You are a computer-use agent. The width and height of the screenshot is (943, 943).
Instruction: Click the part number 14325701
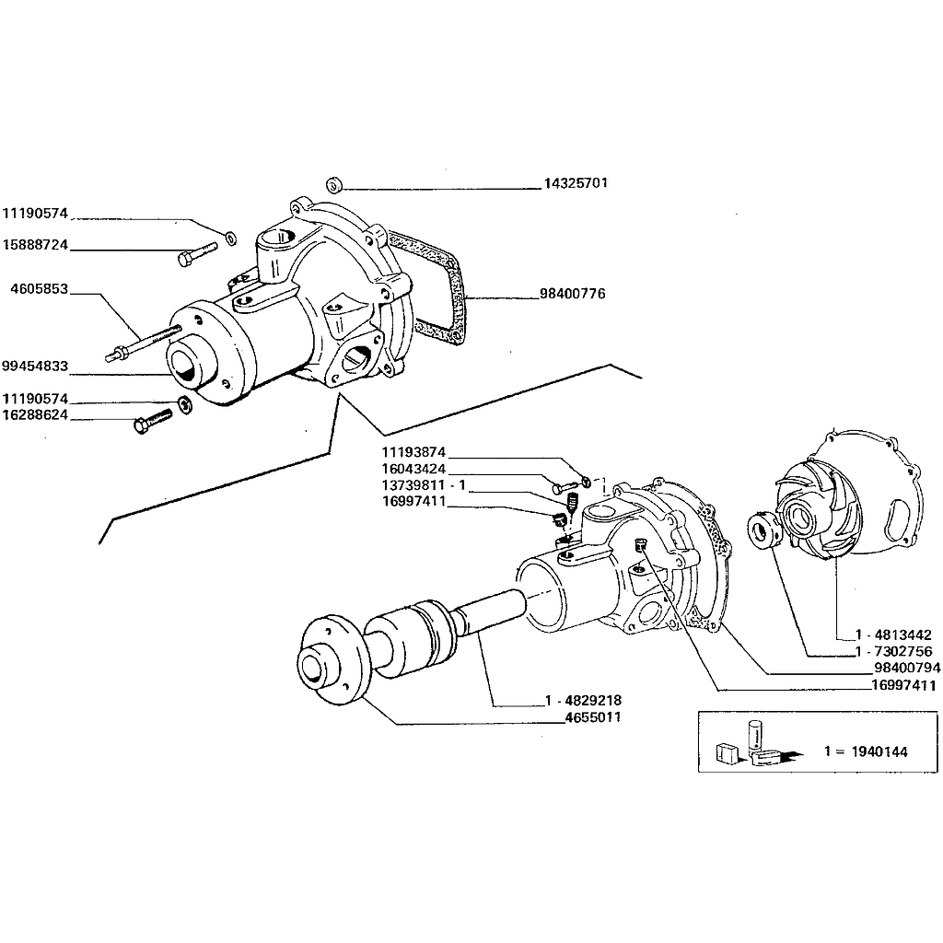pyautogui.click(x=575, y=183)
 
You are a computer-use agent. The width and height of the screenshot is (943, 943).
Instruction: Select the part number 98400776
pyautogui.click(x=572, y=295)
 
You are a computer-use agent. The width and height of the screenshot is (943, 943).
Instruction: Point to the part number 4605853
pyautogui.click(x=38, y=288)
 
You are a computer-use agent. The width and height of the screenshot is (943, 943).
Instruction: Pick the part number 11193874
pyautogui.click(x=414, y=452)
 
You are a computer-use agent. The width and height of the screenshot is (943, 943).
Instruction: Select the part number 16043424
pyautogui.click(x=414, y=469)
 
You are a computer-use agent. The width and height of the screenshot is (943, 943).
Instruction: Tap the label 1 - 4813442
pyautogui.click(x=894, y=635)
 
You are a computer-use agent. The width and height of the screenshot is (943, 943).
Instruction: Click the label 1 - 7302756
pyautogui.click(x=894, y=652)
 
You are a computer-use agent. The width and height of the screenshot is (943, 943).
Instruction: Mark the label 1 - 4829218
pyautogui.click(x=582, y=701)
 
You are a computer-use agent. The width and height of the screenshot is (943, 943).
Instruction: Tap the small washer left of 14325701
pyautogui.click(x=335, y=183)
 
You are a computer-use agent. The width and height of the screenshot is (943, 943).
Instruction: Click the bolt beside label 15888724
pyautogui.click(x=197, y=252)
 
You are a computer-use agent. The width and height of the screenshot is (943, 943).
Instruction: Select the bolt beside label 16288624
pyautogui.click(x=153, y=421)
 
